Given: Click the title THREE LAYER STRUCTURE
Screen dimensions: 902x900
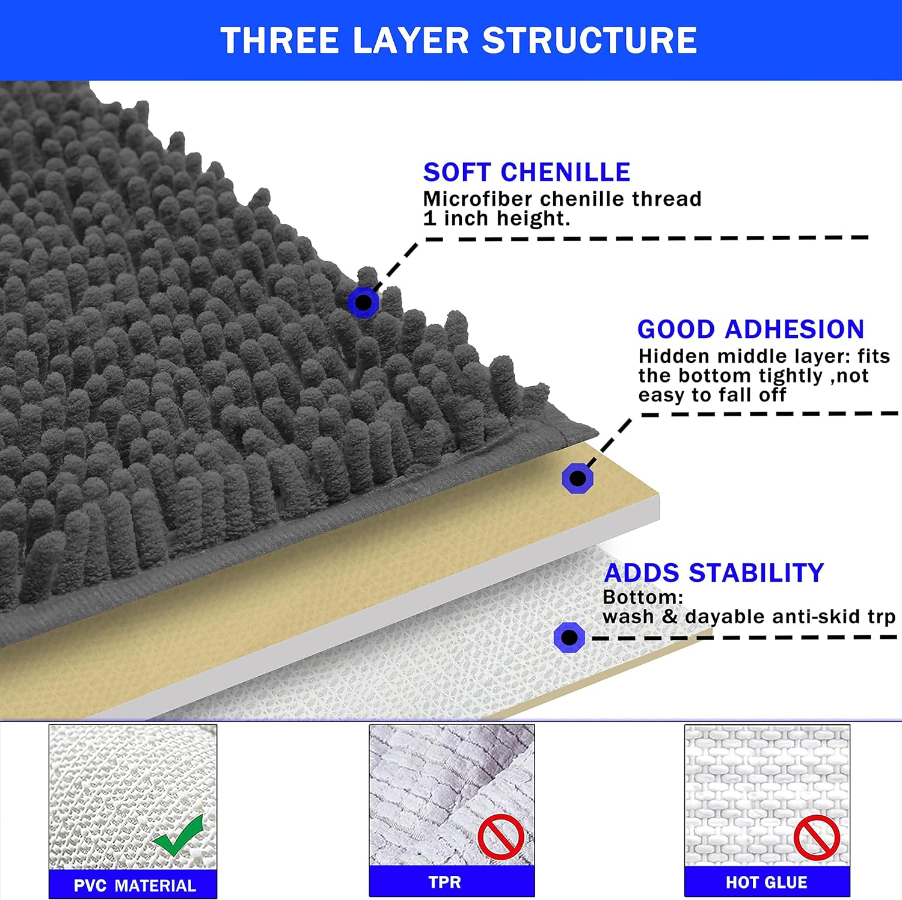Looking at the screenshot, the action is click(x=459, y=40).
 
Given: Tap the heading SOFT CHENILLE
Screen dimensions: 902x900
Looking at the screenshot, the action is click(x=527, y=172).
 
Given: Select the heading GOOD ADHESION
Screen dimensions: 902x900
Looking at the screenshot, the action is click(x=750, y=329).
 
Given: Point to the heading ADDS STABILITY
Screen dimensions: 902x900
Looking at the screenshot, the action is click(x=714, y=573).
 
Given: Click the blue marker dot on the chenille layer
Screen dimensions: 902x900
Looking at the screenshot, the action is click(x=363, y=302).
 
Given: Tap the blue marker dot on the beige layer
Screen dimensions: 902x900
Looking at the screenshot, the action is click(x=577, y=478).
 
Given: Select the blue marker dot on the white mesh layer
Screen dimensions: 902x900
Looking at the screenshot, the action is click(x=569, y=637).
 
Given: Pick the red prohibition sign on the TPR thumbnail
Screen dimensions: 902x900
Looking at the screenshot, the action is click(x=501, y=837).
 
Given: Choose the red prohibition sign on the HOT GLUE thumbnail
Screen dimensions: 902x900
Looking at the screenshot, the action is click(x=817, y=837).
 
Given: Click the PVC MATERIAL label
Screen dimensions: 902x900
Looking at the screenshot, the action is click(x=135, y=886).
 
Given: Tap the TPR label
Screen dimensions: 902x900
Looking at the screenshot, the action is click(x=445, y=882).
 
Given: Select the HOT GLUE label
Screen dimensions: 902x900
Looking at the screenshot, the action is click(x=767, y=882).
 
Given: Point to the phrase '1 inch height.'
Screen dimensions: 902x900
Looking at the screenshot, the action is click(x=497, y=218).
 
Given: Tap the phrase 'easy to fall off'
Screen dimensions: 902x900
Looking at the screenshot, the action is click(x=712, y=395).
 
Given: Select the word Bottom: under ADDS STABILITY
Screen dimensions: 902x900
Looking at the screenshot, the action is click(x=643, y=597).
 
